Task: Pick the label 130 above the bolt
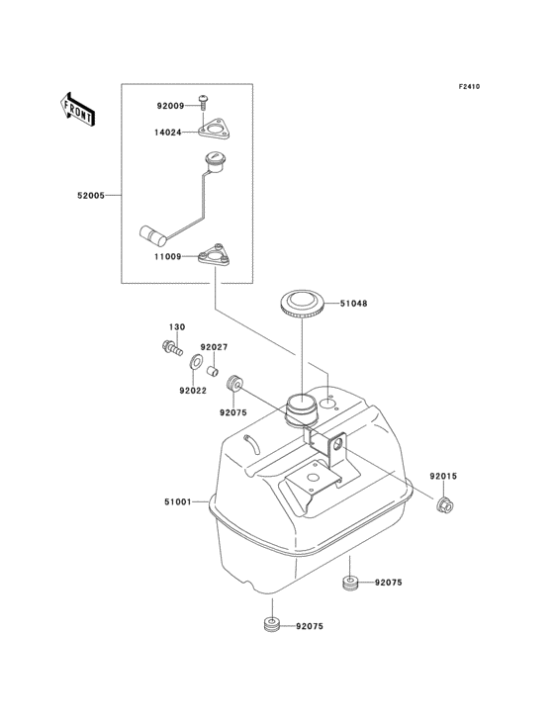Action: (176, 326)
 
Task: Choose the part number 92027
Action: (215, 347)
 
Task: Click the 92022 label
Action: (193, 390)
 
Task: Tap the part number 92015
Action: (443, 477)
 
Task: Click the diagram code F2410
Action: (468, 86)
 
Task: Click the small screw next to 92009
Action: (204, 99)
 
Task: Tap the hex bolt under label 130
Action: (173, 347)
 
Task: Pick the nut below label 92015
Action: (444, 507)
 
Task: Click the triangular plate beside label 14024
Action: (213, 129)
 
